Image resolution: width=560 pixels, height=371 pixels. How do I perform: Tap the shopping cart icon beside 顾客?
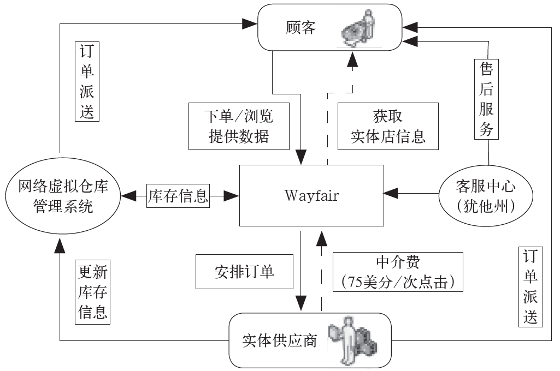[358, 30]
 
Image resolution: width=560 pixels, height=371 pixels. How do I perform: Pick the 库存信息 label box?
[178, 195]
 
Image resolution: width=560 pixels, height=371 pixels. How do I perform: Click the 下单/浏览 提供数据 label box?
[238, 126]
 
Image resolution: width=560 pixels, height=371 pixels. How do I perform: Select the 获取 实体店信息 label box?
[388, 126]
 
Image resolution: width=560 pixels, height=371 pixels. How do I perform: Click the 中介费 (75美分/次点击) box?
[397, 272]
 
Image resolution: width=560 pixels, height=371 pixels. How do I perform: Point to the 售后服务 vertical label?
[486, 99]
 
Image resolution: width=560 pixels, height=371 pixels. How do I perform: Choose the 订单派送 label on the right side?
[529, 286]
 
